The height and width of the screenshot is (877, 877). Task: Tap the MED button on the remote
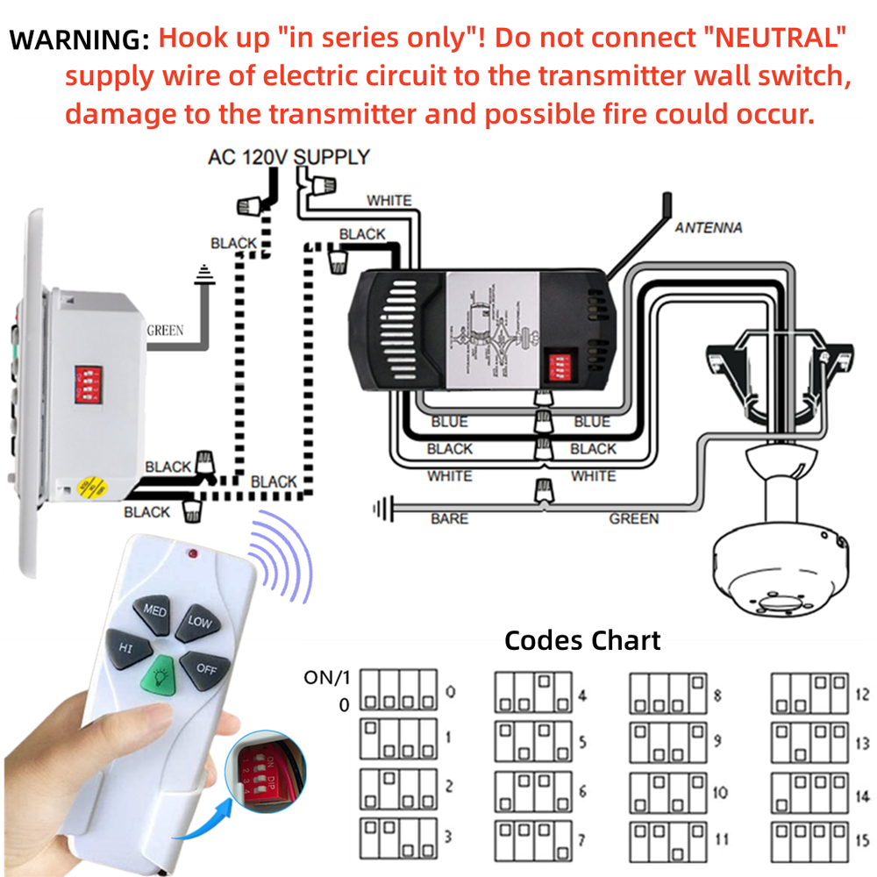pos(155,610)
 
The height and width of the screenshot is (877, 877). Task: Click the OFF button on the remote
pos(203,668)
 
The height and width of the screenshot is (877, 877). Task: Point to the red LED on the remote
pos(191,553)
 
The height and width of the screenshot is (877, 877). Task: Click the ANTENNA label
pos(708,228)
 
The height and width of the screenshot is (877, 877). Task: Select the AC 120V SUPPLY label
pos(289,158)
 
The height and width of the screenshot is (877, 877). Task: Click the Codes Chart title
pos(581,640)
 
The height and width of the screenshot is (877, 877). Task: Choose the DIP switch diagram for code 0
pos(399,690)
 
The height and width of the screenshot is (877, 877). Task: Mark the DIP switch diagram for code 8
pos(668,692)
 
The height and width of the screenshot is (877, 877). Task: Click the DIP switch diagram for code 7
pos(533,839)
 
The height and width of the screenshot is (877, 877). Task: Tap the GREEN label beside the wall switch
pos(165,331)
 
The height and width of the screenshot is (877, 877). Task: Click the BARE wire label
pos(449,519)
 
